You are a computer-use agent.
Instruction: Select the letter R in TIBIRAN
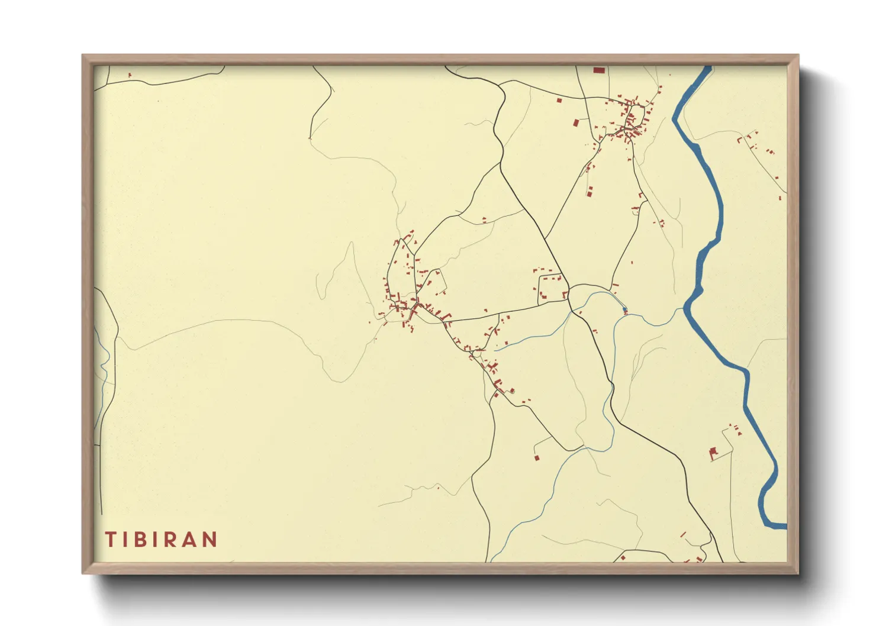click(170, 539)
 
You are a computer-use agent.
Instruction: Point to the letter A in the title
click(189, 539)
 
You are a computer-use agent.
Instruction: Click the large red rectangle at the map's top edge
click(599, 70)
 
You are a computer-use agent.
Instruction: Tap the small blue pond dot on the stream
click(625, 309)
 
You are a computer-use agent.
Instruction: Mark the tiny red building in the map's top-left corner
click(130, 75)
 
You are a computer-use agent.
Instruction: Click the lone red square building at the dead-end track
click(537, 457)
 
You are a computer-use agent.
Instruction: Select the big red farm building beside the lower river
click(713, 454)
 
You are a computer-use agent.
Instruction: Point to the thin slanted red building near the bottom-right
click(683, 534)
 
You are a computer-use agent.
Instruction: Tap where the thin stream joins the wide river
click(685, 309)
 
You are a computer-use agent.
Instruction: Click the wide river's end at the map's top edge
click(707, 67)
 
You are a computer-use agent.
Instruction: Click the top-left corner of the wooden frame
click(83, 56)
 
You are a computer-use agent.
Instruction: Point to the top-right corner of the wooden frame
click(798, 56)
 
